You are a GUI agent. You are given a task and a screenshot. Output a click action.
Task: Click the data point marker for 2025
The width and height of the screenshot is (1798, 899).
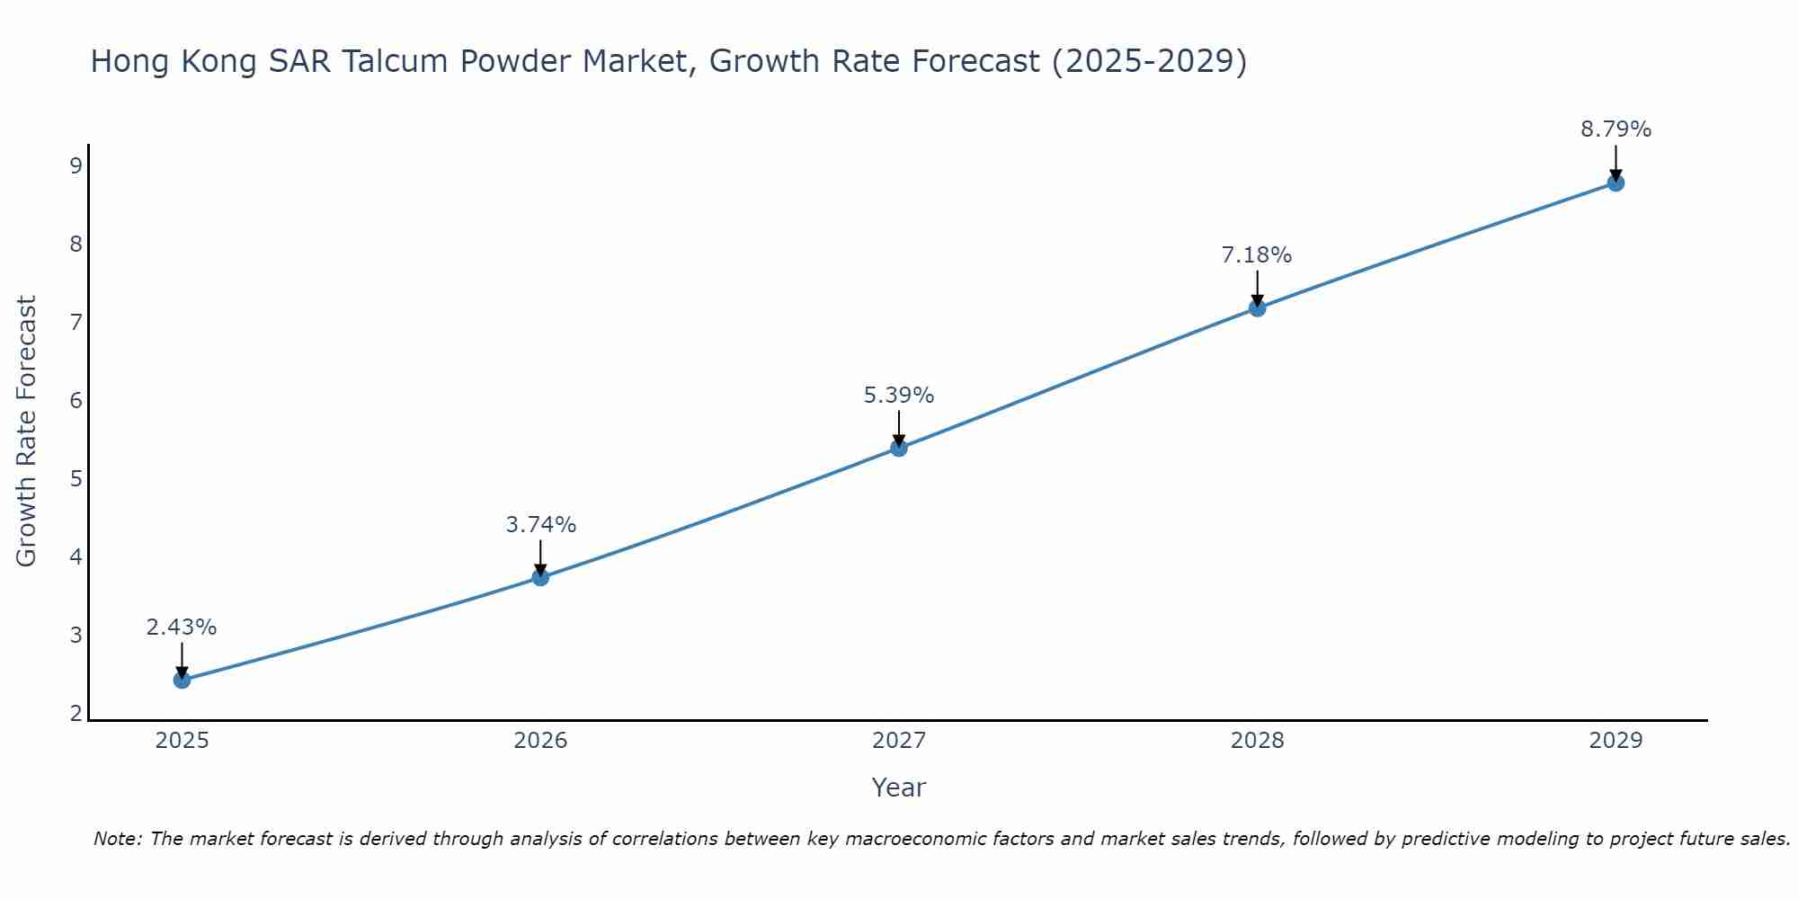pos(182,680)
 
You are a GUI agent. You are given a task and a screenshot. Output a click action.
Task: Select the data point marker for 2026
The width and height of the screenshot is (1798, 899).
pos(540,577)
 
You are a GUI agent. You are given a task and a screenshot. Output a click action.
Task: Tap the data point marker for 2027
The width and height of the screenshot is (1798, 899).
pos(899,448)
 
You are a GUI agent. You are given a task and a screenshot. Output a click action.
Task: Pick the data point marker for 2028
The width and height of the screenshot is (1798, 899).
pos(1257,308)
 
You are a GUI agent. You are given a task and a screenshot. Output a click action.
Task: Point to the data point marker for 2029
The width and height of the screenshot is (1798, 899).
pos(1616,183)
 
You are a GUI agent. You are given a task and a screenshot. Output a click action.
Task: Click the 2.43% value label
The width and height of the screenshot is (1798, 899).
pos(182,628)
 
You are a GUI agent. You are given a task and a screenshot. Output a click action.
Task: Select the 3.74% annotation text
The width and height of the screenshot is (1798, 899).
pos(540,525)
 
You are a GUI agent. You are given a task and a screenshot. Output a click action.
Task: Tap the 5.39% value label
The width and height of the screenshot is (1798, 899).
pos(899,396)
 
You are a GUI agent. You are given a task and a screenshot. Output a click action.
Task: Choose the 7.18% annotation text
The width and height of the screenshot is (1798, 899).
pos(1257,255)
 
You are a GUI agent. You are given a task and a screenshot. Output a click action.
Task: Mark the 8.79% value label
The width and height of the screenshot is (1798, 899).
pos(1616,129)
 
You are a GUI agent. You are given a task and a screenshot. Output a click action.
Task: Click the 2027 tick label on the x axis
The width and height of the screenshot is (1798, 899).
pos(899,741)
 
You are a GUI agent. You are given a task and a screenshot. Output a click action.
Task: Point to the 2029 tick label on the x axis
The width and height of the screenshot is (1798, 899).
pos(1616,741)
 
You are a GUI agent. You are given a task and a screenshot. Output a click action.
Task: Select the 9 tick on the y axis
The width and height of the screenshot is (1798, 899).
pos(76,165)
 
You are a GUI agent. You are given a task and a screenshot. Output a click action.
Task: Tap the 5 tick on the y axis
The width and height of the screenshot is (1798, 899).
pos(76,478)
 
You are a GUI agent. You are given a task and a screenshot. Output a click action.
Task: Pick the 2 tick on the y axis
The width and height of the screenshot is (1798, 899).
pos(76,714)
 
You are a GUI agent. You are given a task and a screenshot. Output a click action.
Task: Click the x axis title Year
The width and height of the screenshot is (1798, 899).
pos(898,788)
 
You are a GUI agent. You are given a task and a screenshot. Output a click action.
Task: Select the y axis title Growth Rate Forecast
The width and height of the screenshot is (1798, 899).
pos(27,432)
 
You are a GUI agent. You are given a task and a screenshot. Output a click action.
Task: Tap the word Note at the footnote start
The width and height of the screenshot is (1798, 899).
pos(117,839)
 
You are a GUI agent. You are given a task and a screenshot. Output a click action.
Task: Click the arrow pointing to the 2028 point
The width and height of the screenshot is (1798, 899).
pos(1257,288)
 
